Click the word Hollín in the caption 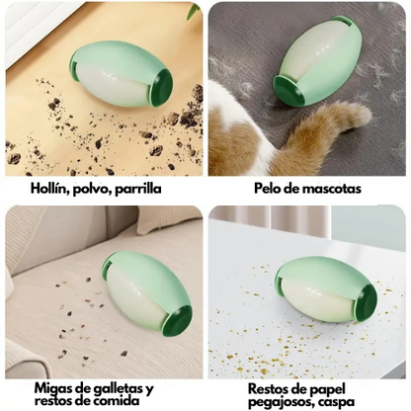[48, 189]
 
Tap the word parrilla [137, 190]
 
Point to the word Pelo [267, 189]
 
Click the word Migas [53, 389]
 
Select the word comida [117, 401]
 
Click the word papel [327, 389]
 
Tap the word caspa [339, 403]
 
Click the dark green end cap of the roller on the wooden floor [161, 88]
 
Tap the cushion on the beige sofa [169, 219]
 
